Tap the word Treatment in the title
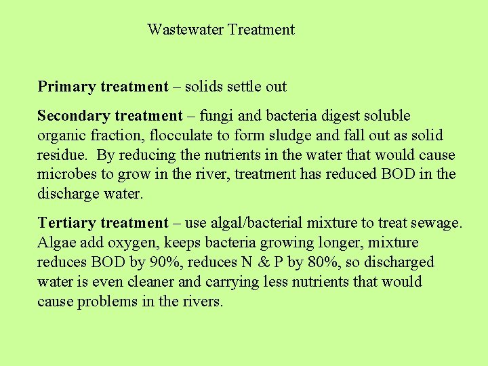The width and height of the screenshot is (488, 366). [x=261, y=29]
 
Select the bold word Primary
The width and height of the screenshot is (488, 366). [x=66, y=87]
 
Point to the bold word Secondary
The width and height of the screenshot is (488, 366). [x=75, y=116]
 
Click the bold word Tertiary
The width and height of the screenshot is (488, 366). [x=66, y=223]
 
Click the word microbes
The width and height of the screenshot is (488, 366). [x=67, y=174]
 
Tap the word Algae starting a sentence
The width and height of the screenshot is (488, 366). [x=56, y=243]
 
